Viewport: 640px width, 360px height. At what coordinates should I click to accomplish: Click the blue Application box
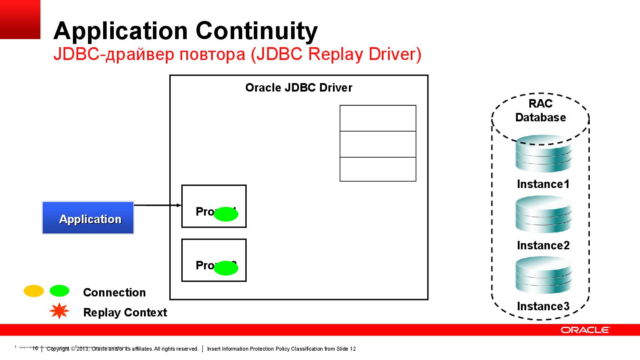tap(88, 218)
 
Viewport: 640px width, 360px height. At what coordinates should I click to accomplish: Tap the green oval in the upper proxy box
tap(226, 214)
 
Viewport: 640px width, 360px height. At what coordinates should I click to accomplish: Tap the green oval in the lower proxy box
tap(226, 268)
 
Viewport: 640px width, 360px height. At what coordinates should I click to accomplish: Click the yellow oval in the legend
tap(34, 291)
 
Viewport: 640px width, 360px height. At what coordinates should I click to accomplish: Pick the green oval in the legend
tap(60, 291)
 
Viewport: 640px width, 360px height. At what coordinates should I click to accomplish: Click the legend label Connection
tap(114, 292)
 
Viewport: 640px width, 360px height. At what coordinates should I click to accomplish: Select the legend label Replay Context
tap(125, 312)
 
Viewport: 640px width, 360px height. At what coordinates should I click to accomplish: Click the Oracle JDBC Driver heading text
tap(299, 88)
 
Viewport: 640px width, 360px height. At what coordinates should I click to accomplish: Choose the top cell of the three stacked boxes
tap(378, 118)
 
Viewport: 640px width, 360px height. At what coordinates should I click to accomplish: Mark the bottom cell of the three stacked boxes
tap(378, 169)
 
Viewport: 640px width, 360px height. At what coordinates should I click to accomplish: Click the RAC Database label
tap(540, 111)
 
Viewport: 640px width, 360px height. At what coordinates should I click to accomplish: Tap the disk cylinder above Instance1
tap(543, 155)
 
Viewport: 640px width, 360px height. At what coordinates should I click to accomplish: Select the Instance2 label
tap(543, 245)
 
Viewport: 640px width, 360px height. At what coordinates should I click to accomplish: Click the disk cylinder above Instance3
tap(543, 275)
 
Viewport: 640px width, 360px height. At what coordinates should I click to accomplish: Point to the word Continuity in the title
tap(256, 31)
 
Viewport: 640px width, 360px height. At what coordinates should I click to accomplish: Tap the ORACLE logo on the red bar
tap(585, 330)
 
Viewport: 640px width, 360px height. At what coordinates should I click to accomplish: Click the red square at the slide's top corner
tap(20, 19)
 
